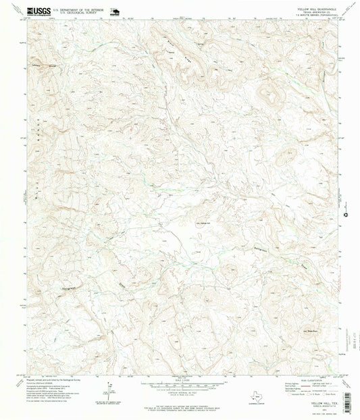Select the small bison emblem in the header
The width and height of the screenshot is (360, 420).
coord(113,11)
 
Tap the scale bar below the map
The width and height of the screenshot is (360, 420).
coord(180,384)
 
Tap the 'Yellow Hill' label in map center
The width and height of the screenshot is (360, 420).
coord(203,223)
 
